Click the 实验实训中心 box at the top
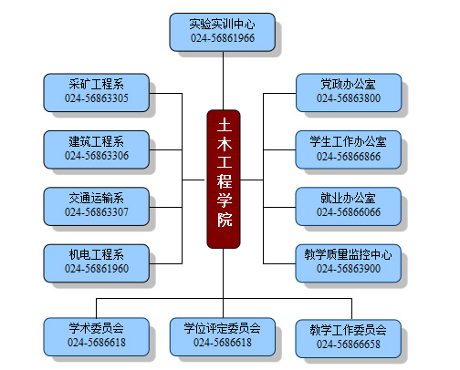[x=223, y=32]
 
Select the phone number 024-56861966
[x=223, y=38]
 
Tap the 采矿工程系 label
[x=96, y=84]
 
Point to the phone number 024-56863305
[x=97, y=98]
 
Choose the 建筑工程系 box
[x=97, y=149]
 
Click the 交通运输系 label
[x=96, y=198]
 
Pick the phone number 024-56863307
[x=97, y=212]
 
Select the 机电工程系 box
[x=97, y=263]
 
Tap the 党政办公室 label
[x=348, y=84]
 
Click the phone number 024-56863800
[x=349, y=98]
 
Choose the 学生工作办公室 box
[x=349, y=149]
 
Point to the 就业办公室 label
[x=348, y=198]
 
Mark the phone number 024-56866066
[x=349, y=212]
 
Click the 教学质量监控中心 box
[x=349, y=263]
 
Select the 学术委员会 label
[x=96, y=328]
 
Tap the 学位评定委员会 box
[x=223, y=337]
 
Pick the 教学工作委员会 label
[x=348, y=330]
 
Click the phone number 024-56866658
[x=349, y=344]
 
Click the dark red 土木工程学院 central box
[x=224, y=180]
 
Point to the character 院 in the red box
[x=225, y=220]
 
